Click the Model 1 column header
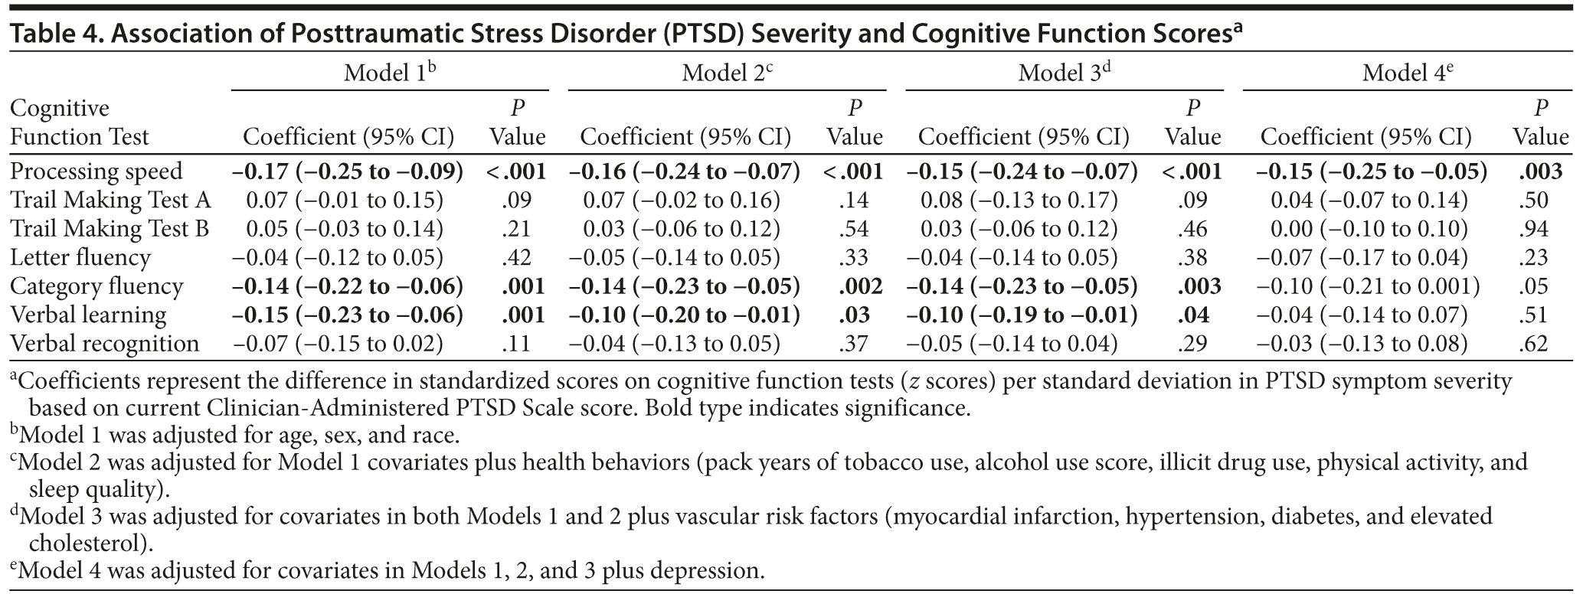coord(389,73)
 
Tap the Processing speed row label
coord(96,171)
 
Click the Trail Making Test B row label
coord(110,229)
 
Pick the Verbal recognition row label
coord(105,344)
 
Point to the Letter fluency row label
coord(80,258)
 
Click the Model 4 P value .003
coord(1540,171)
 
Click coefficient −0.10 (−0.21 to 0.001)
coord(1369,286)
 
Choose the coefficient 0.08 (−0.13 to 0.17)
coord(1019,201)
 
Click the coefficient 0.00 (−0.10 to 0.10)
coord(1369,229)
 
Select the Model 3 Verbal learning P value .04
coord(1193,315)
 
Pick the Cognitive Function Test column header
coord(79,122)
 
